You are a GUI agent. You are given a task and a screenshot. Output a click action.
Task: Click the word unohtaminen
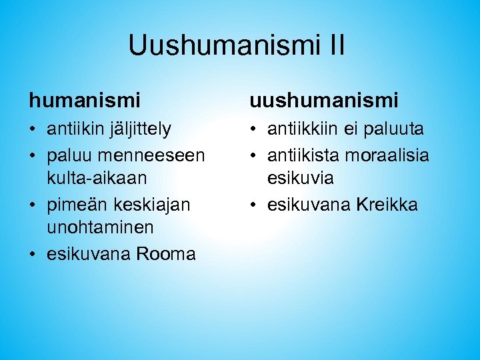click(100, 228)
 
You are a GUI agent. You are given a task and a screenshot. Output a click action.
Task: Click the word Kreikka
click(387, 204)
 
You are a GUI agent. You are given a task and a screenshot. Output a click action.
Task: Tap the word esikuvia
click(301, 179)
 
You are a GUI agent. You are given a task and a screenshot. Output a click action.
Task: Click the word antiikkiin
click(302, 128)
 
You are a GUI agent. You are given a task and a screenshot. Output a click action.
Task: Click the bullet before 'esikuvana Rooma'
click(33, 254)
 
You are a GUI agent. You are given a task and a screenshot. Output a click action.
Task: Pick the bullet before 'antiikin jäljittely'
click(33, 128)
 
